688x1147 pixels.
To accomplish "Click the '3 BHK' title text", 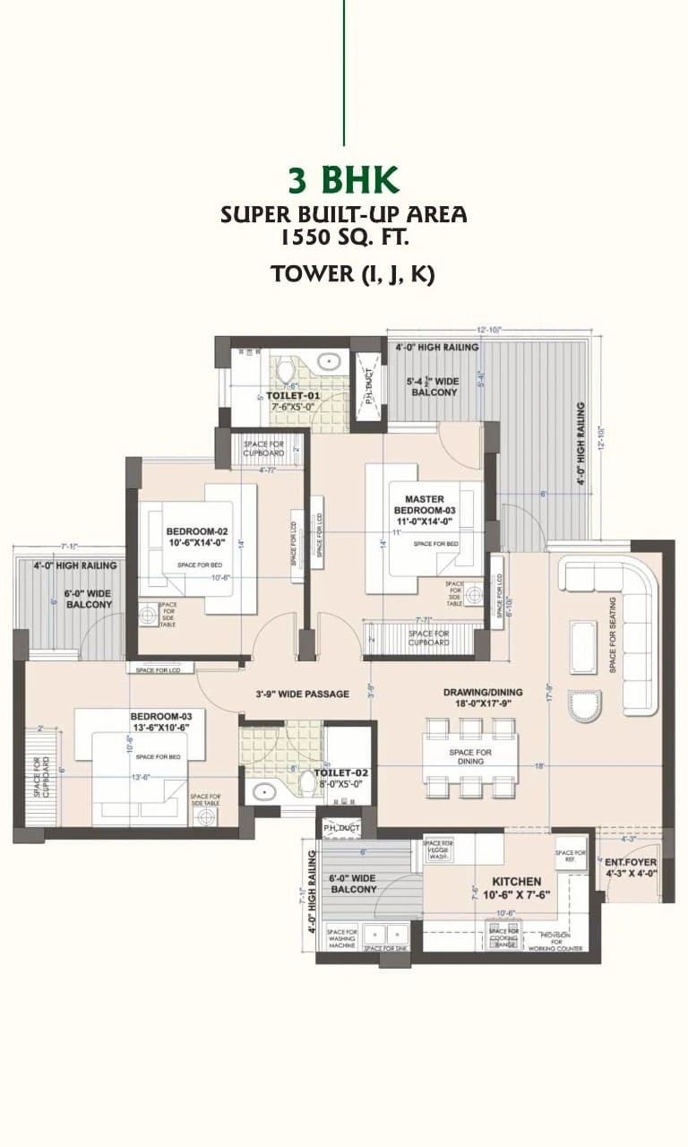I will (x=343, y=179).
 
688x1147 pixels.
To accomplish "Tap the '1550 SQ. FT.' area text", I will (x=344, y=237).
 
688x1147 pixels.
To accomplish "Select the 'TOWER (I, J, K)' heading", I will (x=352, y=274).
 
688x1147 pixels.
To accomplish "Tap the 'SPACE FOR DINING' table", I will (x=470, y=757).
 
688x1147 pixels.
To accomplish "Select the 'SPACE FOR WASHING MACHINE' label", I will (x=342, y=937).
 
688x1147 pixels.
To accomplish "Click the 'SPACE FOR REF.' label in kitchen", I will (x=570, y=856).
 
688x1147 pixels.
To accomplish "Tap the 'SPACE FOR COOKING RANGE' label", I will (x=504, y=937).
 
